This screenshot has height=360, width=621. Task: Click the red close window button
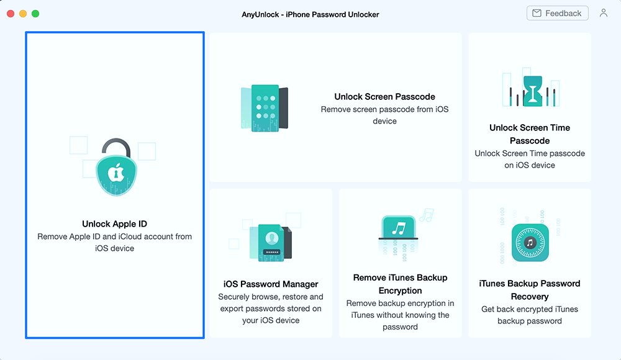coord(11,14)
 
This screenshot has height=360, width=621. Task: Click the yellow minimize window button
coord(23,14)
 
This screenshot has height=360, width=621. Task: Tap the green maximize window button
coord(35,14)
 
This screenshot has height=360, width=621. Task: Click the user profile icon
coord(604,13)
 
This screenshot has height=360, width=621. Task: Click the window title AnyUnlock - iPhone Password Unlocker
coord(310,14)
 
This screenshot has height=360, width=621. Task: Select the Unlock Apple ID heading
coord(114,224)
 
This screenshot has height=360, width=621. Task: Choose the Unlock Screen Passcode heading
coord(384,97)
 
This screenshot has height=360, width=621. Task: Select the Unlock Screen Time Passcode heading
coord(530,134)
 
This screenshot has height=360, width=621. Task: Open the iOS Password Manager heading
coord(271,284)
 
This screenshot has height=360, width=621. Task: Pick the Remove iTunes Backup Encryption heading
coord(400,284)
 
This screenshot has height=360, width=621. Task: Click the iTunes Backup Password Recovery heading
coord(530,290)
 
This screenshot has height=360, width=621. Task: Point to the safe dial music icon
coord(530,242)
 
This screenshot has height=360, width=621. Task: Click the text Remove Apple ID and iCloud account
coord(114,236)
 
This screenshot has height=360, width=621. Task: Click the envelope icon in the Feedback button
coord(536,13)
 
